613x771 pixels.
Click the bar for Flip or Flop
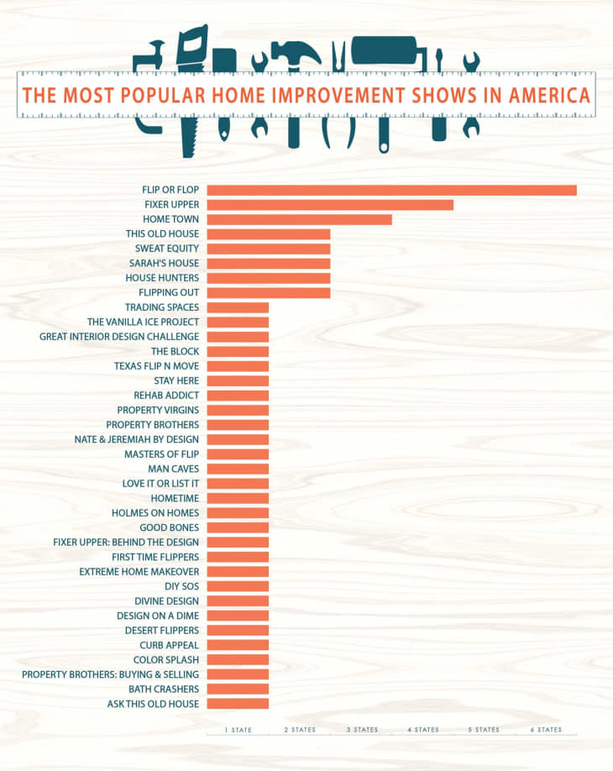tap(391, 190)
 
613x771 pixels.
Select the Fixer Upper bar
tap(330, 205)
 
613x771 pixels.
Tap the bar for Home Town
tap(299, 219)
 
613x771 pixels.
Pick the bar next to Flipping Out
tap(268, 293)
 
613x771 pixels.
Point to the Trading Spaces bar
tap(238, 307)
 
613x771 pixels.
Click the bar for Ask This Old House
tap(238, 704)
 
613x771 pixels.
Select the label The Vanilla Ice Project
tap(143, 323)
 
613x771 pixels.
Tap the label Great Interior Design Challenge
tap(119, 337)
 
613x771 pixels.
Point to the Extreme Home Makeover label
tap(139, 572)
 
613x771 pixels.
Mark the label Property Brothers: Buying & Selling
tap(110, 674)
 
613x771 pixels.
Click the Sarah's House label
tap(164, 264)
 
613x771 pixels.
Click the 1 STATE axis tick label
tap(238, 731)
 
